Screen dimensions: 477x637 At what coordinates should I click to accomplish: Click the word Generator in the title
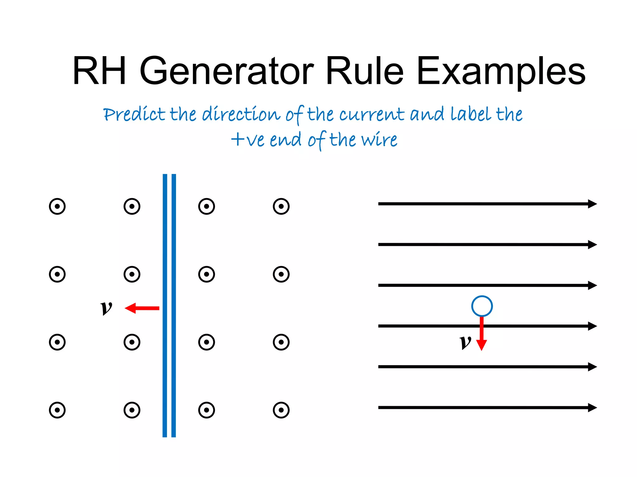point(226,71)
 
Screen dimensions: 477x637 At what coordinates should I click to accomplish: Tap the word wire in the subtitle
point(379,140)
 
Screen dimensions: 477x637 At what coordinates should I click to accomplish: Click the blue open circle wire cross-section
point(482,306)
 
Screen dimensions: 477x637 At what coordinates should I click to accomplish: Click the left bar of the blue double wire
point(165,306)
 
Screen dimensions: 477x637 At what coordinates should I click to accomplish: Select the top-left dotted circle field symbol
point(57,206)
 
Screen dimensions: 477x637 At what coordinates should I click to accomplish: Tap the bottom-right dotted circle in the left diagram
point(281,410)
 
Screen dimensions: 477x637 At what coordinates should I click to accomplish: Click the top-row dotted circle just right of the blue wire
point(207,206)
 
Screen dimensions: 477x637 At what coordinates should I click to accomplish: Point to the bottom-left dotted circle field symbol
point(57,410)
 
